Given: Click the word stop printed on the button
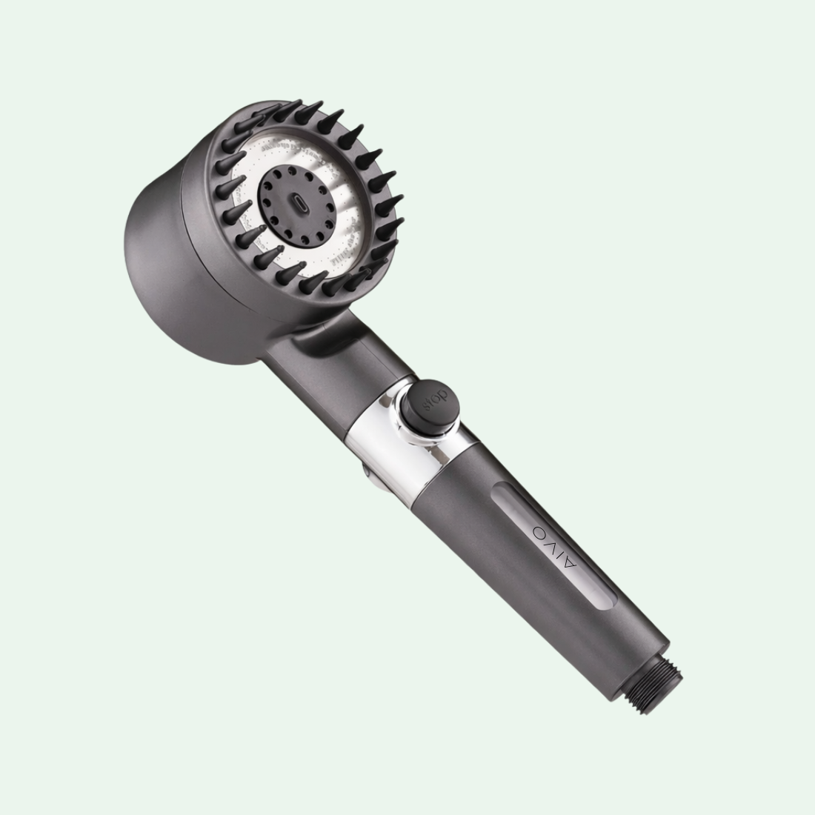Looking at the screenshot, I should (425, 402).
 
